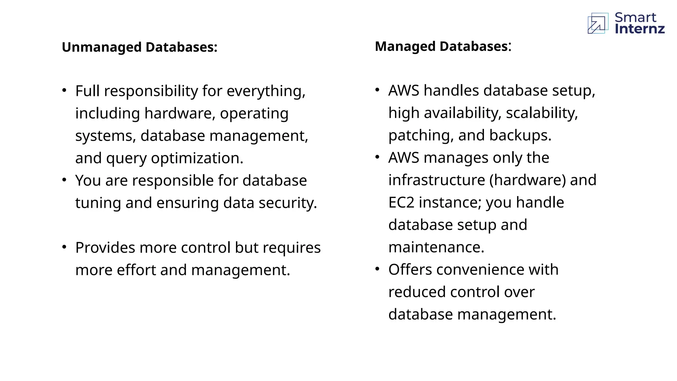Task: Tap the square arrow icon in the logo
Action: tap(598, 23)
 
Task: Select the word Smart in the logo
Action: tap(635, 17)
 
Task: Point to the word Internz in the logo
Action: tap(640, 29)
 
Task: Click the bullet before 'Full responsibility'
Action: tap(64, 90)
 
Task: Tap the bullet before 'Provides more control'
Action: tap(64, 247)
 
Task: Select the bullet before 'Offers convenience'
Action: tap(378, 269)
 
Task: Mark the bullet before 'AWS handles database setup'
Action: tap(378, 90)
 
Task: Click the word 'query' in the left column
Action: tap(126, 159)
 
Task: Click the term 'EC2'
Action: tap(401, 202)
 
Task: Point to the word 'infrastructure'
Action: tap(436, 180)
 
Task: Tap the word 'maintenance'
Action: tap(436, 247)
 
